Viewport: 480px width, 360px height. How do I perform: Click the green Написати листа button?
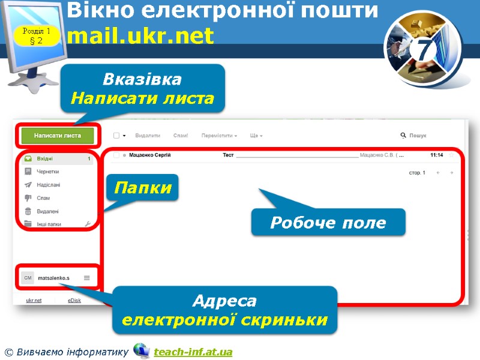(58, 136)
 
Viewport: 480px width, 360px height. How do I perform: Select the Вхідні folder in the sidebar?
(45, 159)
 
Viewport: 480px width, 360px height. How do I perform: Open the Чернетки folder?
(48, 172)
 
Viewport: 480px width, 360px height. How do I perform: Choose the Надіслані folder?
(49, 185)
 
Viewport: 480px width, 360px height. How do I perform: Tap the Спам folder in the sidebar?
(43, 198)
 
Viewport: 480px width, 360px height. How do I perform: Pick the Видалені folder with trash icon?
(48, 211)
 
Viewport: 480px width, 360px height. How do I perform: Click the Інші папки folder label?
(50, 224)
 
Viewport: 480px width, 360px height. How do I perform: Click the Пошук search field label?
(418, 136)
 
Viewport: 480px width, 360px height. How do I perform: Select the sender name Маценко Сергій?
(151, 155)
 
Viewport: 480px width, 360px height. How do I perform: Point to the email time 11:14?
(437, 155)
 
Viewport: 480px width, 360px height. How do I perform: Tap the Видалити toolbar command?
(148, 136)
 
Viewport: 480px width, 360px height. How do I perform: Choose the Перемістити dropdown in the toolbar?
(219, 136)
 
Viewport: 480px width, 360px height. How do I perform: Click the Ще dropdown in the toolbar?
(256, 136)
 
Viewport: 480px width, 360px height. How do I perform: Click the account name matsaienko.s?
(54, 278)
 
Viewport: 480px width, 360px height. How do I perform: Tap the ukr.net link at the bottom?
(34, 300)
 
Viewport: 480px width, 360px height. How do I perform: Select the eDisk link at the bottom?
(75, 300)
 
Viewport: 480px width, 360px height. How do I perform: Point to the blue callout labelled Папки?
(143, 188)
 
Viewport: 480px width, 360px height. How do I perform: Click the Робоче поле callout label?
(328, 223)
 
